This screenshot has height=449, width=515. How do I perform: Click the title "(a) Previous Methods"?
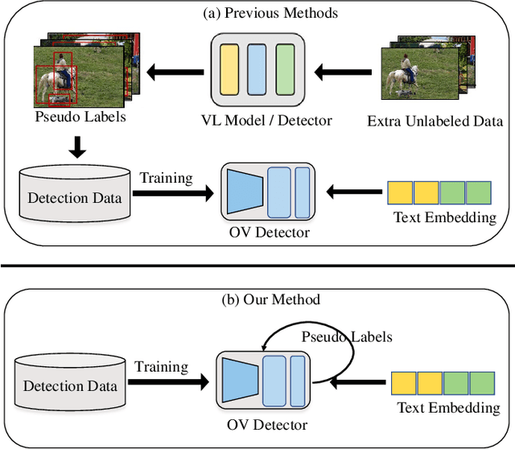[x=257, y=13]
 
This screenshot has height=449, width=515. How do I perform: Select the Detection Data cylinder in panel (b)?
[x=71, y=385]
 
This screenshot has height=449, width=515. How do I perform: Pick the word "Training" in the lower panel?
[x=162, y=367]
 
